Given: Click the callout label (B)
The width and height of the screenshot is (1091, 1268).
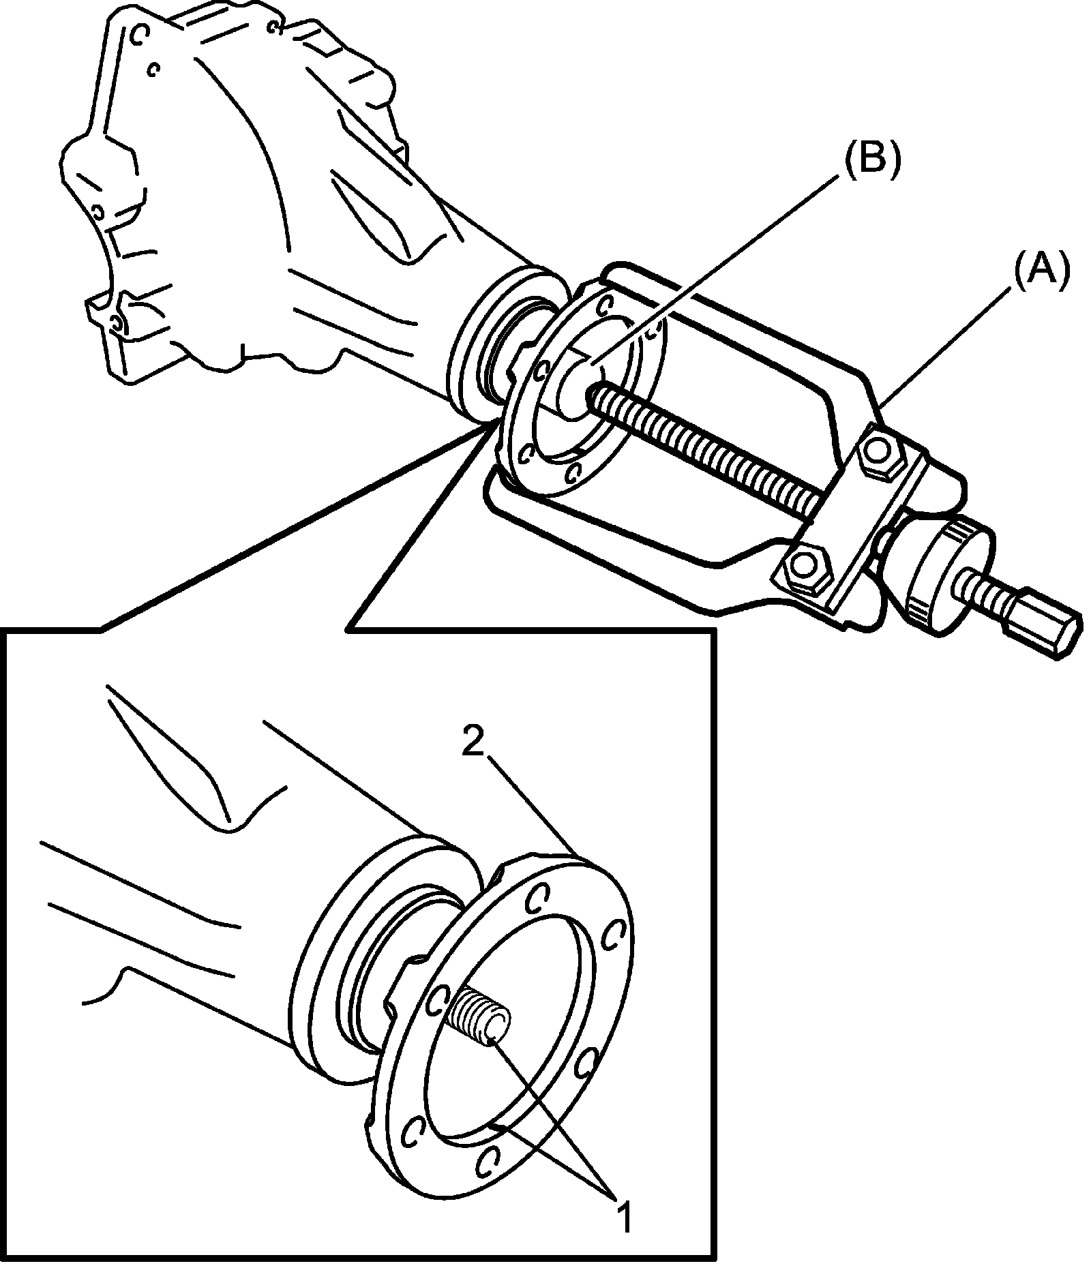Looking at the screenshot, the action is [873, 162].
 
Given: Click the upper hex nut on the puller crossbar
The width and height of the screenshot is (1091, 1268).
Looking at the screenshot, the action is [882, 451].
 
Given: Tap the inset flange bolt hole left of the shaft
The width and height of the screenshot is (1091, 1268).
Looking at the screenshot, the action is [437, 1003].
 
